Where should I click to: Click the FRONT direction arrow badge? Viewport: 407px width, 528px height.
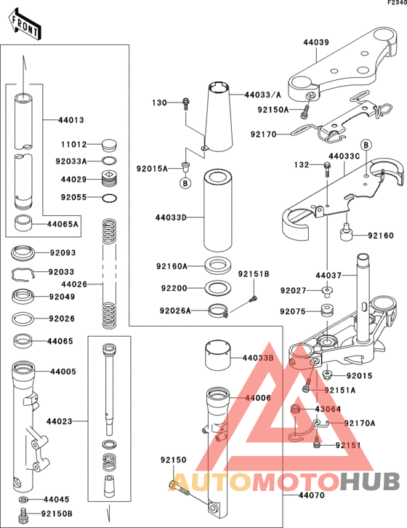(25, 25)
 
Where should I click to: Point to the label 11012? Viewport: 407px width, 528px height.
(73, 145)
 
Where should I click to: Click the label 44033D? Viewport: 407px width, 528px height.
(171, 217)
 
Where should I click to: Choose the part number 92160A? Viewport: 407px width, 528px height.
(173, 266)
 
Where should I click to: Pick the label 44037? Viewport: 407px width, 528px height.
(328, 276)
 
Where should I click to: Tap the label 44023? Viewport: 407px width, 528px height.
(60, 420)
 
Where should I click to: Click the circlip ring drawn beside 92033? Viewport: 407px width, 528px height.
(23, 273)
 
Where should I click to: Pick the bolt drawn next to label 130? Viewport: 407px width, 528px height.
(186, 104)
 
